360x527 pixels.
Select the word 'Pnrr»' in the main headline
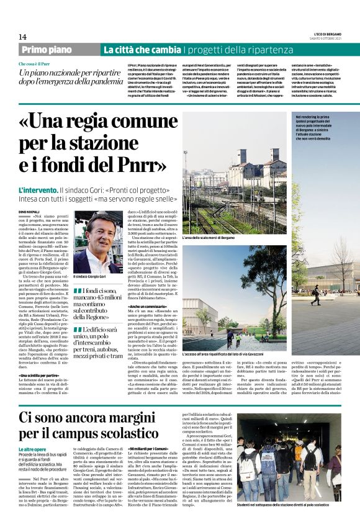tap(138, 166)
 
